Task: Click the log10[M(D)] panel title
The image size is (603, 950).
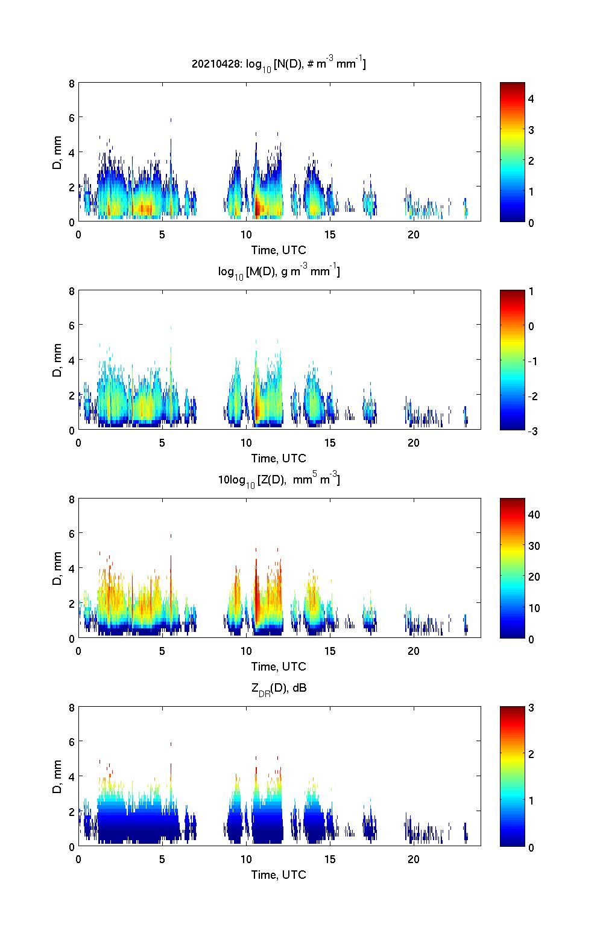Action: (x=279, y=272)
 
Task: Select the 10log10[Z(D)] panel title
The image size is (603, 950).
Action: (x=279, y=480)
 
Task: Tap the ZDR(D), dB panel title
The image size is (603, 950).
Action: (x=279, y=689)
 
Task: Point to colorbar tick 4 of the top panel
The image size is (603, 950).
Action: (x=531, y=98)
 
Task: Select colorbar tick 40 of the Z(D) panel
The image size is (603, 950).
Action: (x=534, y=515)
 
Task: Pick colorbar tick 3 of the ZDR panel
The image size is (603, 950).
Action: (x=531, y=708)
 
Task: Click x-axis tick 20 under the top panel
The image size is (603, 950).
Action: (x=413, y=234)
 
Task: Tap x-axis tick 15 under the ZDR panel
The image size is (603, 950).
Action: (x=330, y=859)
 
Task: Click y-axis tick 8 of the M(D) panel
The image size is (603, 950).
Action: (x=71, y=291)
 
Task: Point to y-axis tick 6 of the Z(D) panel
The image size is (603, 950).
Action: (x=71, y=534)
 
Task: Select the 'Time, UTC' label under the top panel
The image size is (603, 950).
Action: (x=279, y=250)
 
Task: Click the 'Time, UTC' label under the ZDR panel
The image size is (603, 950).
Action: (x=279, y=875)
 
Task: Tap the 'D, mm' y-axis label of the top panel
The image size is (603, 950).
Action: (x=57, y=153)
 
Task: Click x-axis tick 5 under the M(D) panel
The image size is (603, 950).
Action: (x=162, y=442)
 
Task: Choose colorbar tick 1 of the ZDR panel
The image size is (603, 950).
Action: (x=531, y=800)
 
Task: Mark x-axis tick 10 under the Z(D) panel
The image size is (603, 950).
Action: (x=246, y=651)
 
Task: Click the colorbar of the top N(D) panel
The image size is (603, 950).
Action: (x=512, y=152)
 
